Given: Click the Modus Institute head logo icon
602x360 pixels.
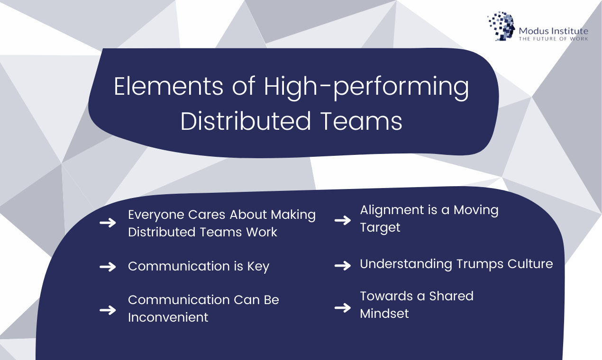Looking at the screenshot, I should click(x=501, y=26).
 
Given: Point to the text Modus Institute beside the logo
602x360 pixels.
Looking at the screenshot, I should click(x=553, y=31).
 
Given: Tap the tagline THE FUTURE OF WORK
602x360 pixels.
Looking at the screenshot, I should click(x=553, y=38).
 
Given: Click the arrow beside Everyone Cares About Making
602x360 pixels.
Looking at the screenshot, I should click(x=108, y=223).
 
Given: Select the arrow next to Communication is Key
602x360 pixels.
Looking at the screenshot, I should click(x=108, y=267).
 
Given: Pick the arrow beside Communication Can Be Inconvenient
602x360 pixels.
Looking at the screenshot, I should click(x=108, y=310).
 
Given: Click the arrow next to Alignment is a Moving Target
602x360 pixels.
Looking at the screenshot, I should click(x=342, y=220).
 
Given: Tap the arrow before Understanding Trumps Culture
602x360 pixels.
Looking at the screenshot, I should click(x=342, y=265).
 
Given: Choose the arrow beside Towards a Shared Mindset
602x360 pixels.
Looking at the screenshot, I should click(x=342, y=308).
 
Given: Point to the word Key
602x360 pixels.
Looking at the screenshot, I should click(x=258, y=267).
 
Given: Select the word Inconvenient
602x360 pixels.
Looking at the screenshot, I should click(x=168, y=317).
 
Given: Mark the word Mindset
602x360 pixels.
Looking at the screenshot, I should click(x=384, y=313).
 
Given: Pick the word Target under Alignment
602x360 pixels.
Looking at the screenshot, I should click(x=380, y=227).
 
